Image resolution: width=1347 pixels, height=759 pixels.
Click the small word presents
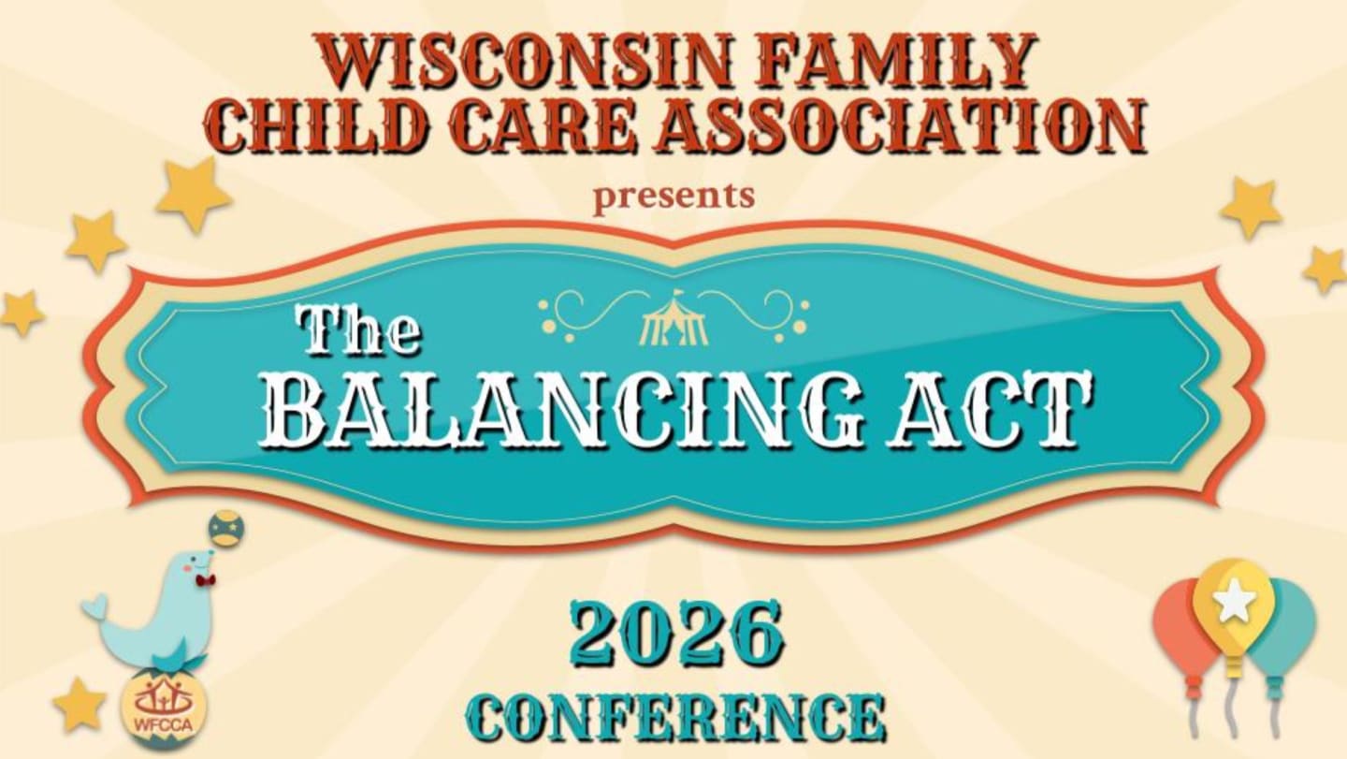(673, 197)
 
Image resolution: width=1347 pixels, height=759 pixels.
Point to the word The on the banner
(358, 332)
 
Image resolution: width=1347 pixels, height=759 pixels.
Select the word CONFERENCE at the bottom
(676, 716)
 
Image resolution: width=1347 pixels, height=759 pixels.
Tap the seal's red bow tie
(205, 581)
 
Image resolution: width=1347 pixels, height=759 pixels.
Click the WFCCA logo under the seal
(166, 706)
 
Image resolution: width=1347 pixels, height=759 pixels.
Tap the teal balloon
(1289, 625)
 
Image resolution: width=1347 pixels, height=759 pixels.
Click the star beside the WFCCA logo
(78, 704)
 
